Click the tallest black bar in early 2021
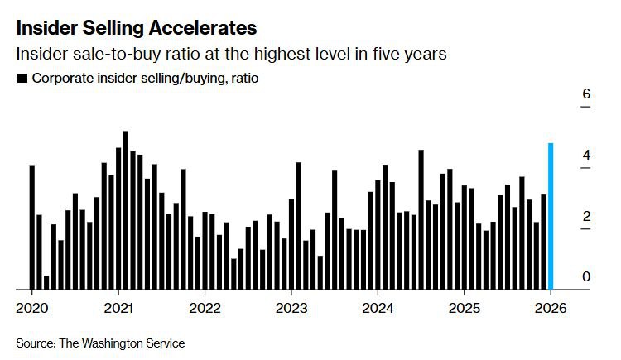tap(126, 210)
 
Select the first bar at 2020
tap(31, 228)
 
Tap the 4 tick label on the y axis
tap(586, 156)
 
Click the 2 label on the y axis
tap(586, 216)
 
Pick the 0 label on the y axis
tap(586, 276)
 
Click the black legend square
tap(20, 79)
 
